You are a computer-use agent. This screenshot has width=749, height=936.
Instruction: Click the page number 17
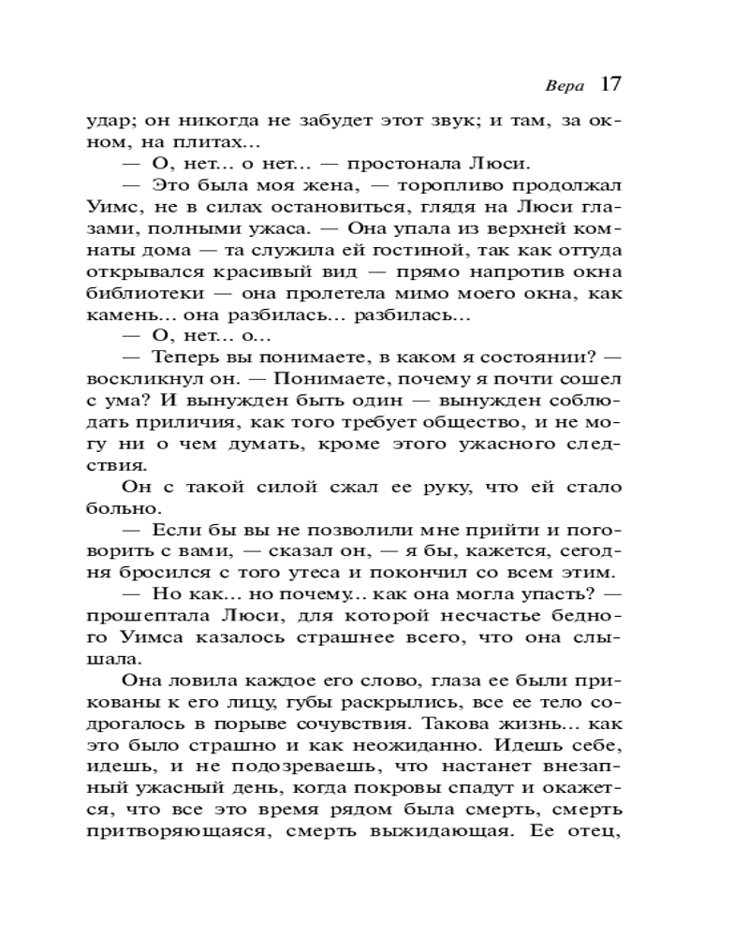[x=609, y=84]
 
